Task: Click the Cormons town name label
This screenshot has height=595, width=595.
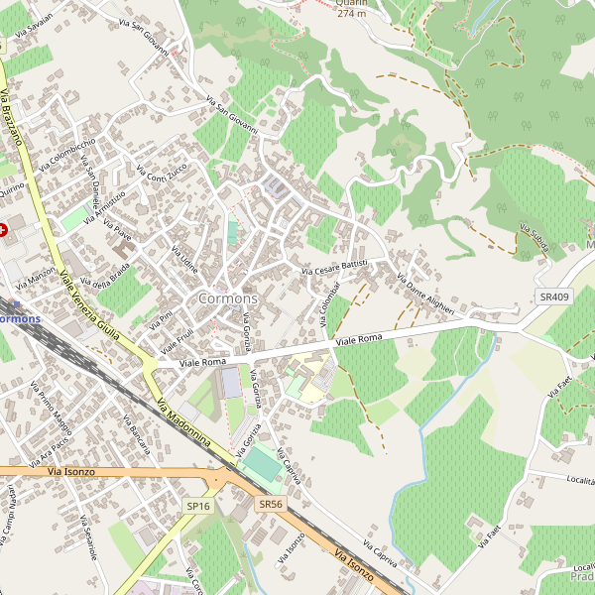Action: pyautogui.click(x=227, y=298)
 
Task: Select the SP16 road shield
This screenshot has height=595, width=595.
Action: pyautogui.click(x=198, y=506)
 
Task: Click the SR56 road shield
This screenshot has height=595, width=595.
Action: pyautogui.click(x=270, y=504)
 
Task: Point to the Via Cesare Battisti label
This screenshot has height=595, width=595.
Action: pyautogui.click(x=335, y=265)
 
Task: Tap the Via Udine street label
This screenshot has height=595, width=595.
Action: pyautogui.click(x=185, y=260)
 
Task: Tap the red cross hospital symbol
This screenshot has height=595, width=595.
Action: pyautogui.click(x=4, y=229)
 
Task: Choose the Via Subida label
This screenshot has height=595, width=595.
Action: pyautogui.click(x=534, y=242)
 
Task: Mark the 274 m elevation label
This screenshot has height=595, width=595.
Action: pyautogui.click(x=352, y=14)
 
